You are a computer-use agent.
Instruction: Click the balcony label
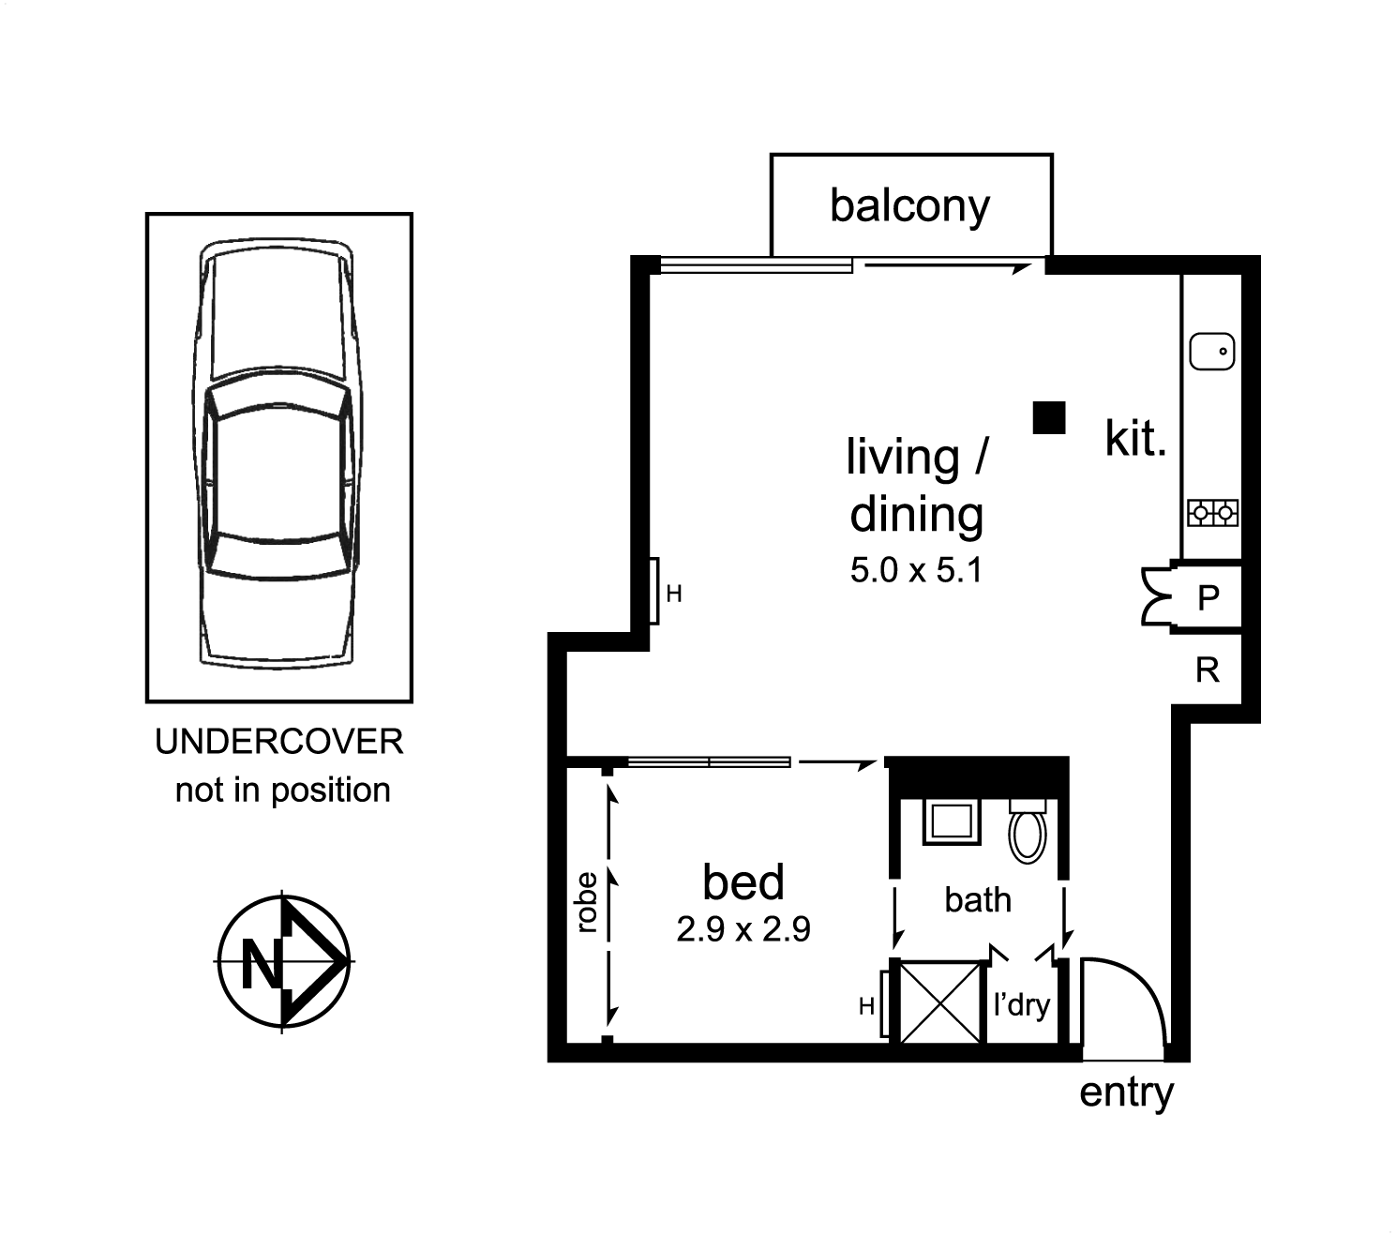click(908, 206)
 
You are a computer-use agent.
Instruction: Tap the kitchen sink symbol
click(1211, 351)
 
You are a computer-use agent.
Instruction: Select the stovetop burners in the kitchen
click(1212, 513)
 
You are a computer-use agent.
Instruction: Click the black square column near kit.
click(1049, 417)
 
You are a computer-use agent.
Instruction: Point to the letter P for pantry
click(1208, 597)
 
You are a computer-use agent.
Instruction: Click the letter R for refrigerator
click(1208, 670)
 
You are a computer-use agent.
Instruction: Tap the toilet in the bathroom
click(1027, 831)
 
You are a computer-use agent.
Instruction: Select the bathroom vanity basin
click(951, 821)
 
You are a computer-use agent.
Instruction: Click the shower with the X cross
click(939, 1002)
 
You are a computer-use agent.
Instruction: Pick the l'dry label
click(1021, 1005)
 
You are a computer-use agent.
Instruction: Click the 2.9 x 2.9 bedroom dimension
click(743, 929)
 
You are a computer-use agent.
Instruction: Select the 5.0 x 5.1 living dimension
click(916, 570)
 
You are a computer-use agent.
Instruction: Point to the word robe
click(586, 902)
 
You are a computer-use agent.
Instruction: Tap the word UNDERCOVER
click(279, 742)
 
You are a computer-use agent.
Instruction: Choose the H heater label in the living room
click(674, 594)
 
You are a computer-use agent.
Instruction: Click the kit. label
click(1135, 438)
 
